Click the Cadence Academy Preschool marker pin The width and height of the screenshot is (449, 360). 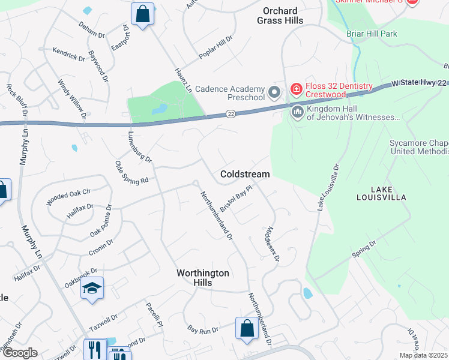[275, 92]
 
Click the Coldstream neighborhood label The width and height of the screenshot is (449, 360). [245, 173]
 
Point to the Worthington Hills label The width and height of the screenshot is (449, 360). [203, 278]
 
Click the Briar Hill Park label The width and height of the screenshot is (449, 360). [372, 34]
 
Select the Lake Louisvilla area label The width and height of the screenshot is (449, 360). [381, 193]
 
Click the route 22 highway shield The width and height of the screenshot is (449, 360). [231, 113]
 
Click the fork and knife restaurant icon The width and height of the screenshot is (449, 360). [94, 349]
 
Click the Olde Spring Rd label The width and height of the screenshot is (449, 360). [131, 173]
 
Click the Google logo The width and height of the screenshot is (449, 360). [19, 353]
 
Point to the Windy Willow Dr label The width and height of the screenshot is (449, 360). [72, 98]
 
